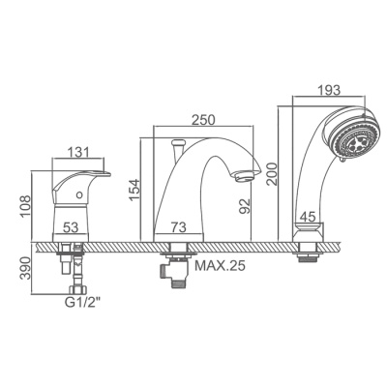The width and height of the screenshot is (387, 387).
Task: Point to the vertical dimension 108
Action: (x=26, y=205)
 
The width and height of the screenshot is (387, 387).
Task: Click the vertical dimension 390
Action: (x=26, y=269)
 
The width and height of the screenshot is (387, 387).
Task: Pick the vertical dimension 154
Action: (x=134, y=187)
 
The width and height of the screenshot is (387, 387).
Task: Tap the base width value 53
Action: (x=70, y=227)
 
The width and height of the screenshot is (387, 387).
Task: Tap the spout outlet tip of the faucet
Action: (x=246, y=175)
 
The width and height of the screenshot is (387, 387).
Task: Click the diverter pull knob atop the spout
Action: (x=177, y=145)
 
